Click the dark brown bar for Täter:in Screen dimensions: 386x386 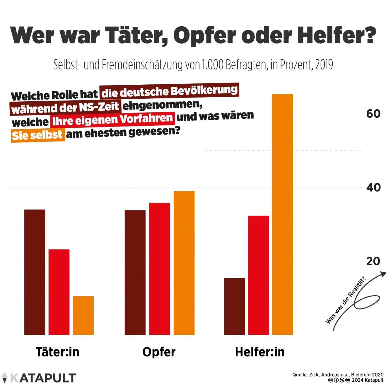[x=35, y=272]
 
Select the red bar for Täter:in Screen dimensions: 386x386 [x=59, y=292]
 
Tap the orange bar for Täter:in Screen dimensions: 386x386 [x=83, y=316]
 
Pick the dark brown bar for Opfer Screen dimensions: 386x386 [x=135, y=272]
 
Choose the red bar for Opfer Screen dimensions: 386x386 [x=159, y=269]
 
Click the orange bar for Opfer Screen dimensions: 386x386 [x=184, y=263]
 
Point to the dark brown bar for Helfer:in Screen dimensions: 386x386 [x=235, y=306]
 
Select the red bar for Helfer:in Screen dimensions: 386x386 [x=258, y=275]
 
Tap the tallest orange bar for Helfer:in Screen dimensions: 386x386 [x=282, y=214]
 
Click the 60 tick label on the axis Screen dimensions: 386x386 [x=373, y=114]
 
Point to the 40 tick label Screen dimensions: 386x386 [x=373, y=188]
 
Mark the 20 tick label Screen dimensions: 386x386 [x=373, y=261]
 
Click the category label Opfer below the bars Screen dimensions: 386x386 [x=159, y=352]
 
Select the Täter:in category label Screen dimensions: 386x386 [x=58, y=352]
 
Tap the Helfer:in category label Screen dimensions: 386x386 [x=260, y=352]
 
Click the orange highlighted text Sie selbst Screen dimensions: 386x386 [x=38, y=135]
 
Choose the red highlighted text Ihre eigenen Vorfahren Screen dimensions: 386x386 [x=113, y=119]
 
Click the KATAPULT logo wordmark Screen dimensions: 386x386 [x=43, y=378]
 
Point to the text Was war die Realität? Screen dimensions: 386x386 [x=346, y=300]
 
